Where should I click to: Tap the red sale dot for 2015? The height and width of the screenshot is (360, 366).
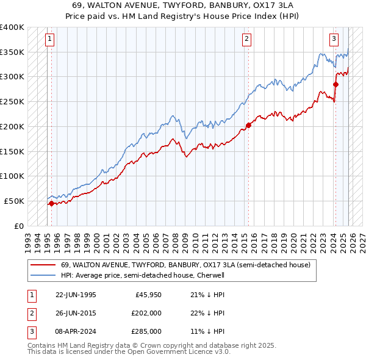tap(248, 126)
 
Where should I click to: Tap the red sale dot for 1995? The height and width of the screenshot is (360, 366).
tap(51, 203)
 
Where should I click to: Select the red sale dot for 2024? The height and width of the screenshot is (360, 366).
tap(336, 84)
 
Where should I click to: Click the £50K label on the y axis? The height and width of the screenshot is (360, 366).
tap(14, 201)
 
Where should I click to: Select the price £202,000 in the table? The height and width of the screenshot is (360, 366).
tap(147, 313)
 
